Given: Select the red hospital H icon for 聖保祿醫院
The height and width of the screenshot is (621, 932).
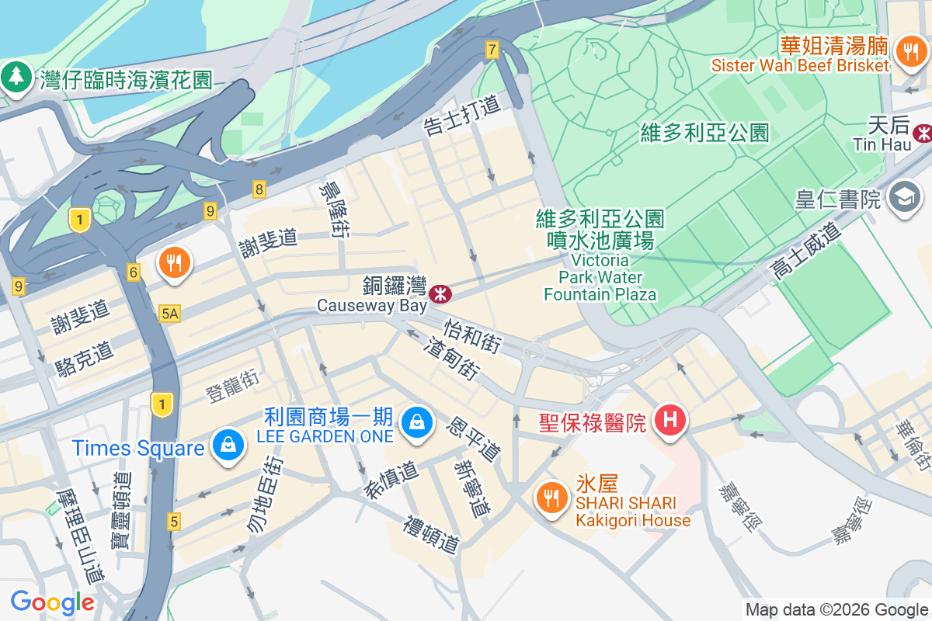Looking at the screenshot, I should (670, 421).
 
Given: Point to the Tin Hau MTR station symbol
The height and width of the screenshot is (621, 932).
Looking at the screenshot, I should (923, 133).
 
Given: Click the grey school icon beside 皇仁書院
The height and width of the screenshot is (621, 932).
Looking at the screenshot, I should (904, 198).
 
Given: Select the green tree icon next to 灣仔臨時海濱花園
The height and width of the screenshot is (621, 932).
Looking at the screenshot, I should (16, 78).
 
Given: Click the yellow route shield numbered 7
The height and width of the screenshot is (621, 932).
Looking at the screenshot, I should (492, 50).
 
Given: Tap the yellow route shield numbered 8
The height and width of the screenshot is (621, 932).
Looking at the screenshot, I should (259, 189).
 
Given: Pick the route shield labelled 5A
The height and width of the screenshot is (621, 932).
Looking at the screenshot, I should (169, 313).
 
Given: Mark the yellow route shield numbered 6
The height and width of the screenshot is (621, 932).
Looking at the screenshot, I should (134, 272).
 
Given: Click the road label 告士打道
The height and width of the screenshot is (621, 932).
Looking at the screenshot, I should (462, 116).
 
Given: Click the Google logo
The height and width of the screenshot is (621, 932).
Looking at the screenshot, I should (52, 602).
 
